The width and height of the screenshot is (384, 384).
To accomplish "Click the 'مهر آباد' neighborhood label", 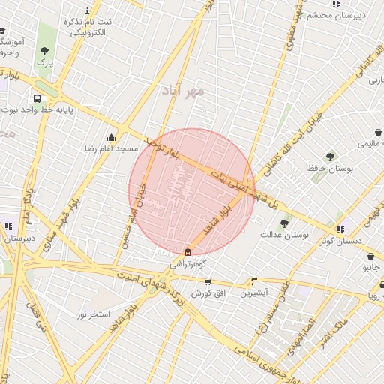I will tap(182, 91).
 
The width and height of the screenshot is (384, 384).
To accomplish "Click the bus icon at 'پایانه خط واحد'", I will tap(37, 98).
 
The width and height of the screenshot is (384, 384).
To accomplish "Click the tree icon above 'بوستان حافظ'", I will tap(330, 157).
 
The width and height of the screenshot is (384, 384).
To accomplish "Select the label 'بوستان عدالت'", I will tap(285, 235).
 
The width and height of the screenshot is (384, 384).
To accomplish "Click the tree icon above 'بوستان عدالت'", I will tap(283, 223).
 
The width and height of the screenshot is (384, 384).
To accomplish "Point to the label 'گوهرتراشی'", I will tap(187, 263).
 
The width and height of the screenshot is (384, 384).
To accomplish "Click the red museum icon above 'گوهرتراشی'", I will tap(187, 251).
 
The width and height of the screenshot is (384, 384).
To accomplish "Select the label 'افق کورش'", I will tap(208, 292).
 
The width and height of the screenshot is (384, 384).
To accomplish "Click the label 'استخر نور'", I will tap(94, 313).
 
